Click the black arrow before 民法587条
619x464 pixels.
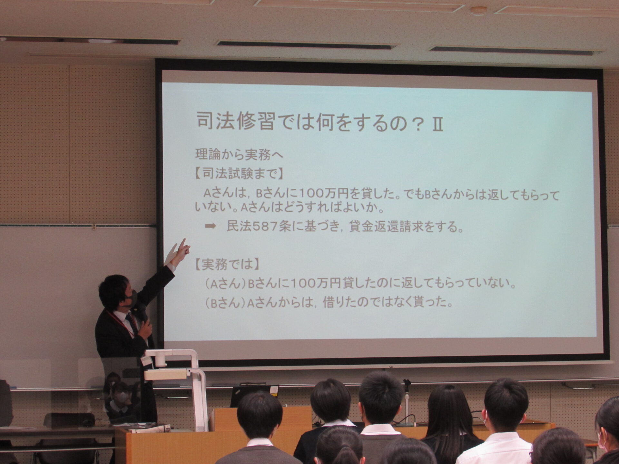point(210,226)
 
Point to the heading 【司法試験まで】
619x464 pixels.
point(239,174)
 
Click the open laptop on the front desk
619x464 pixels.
point(254,395)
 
